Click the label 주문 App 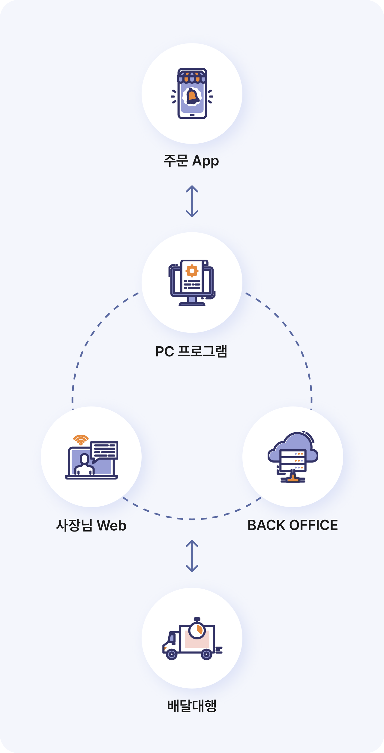click(191, 161)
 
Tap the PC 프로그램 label click(191, 351)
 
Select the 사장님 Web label click(91, 525)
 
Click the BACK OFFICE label click(292, 525)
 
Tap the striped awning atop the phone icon click(192, 76)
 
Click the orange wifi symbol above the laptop click(81, 440)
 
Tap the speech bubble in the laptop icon click(104, 450)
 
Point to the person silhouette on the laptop click(85, 465)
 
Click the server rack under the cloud click(293, 460)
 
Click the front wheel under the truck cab click(172, 654)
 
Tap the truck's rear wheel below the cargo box click(206, 654)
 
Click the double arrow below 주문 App click(192, 201)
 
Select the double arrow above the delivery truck click(192, 556)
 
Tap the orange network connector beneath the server click(292, 479)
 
